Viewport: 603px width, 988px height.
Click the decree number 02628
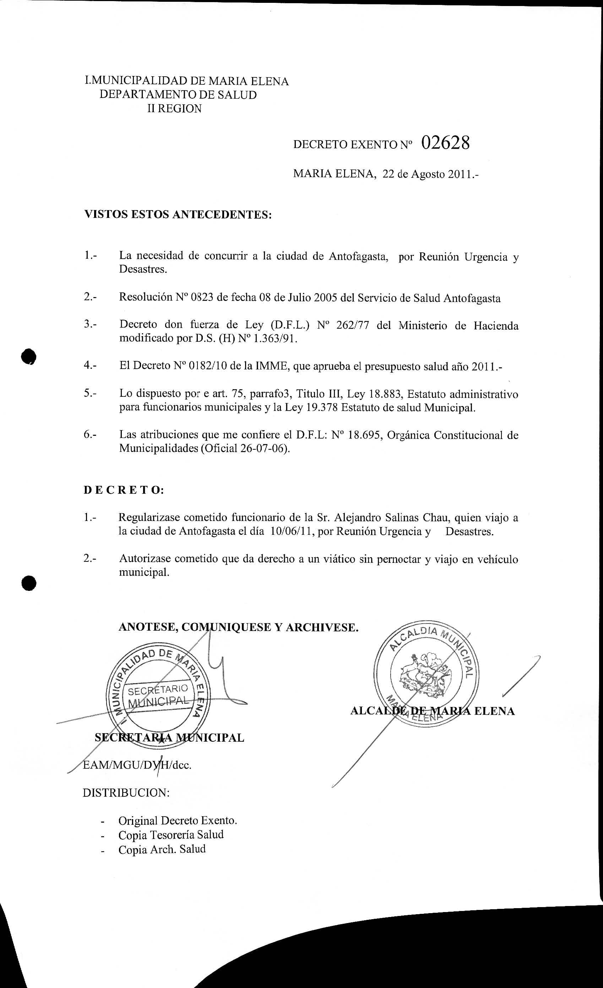click(445, 143)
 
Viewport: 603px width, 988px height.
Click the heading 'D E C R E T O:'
click(124, 490)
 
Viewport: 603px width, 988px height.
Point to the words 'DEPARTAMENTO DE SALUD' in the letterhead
click(178, 95)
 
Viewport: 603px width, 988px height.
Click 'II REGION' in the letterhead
click(174, 109)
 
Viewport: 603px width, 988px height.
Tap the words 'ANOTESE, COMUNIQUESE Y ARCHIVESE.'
click(238, 627)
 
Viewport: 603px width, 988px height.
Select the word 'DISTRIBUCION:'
click(126, 793)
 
